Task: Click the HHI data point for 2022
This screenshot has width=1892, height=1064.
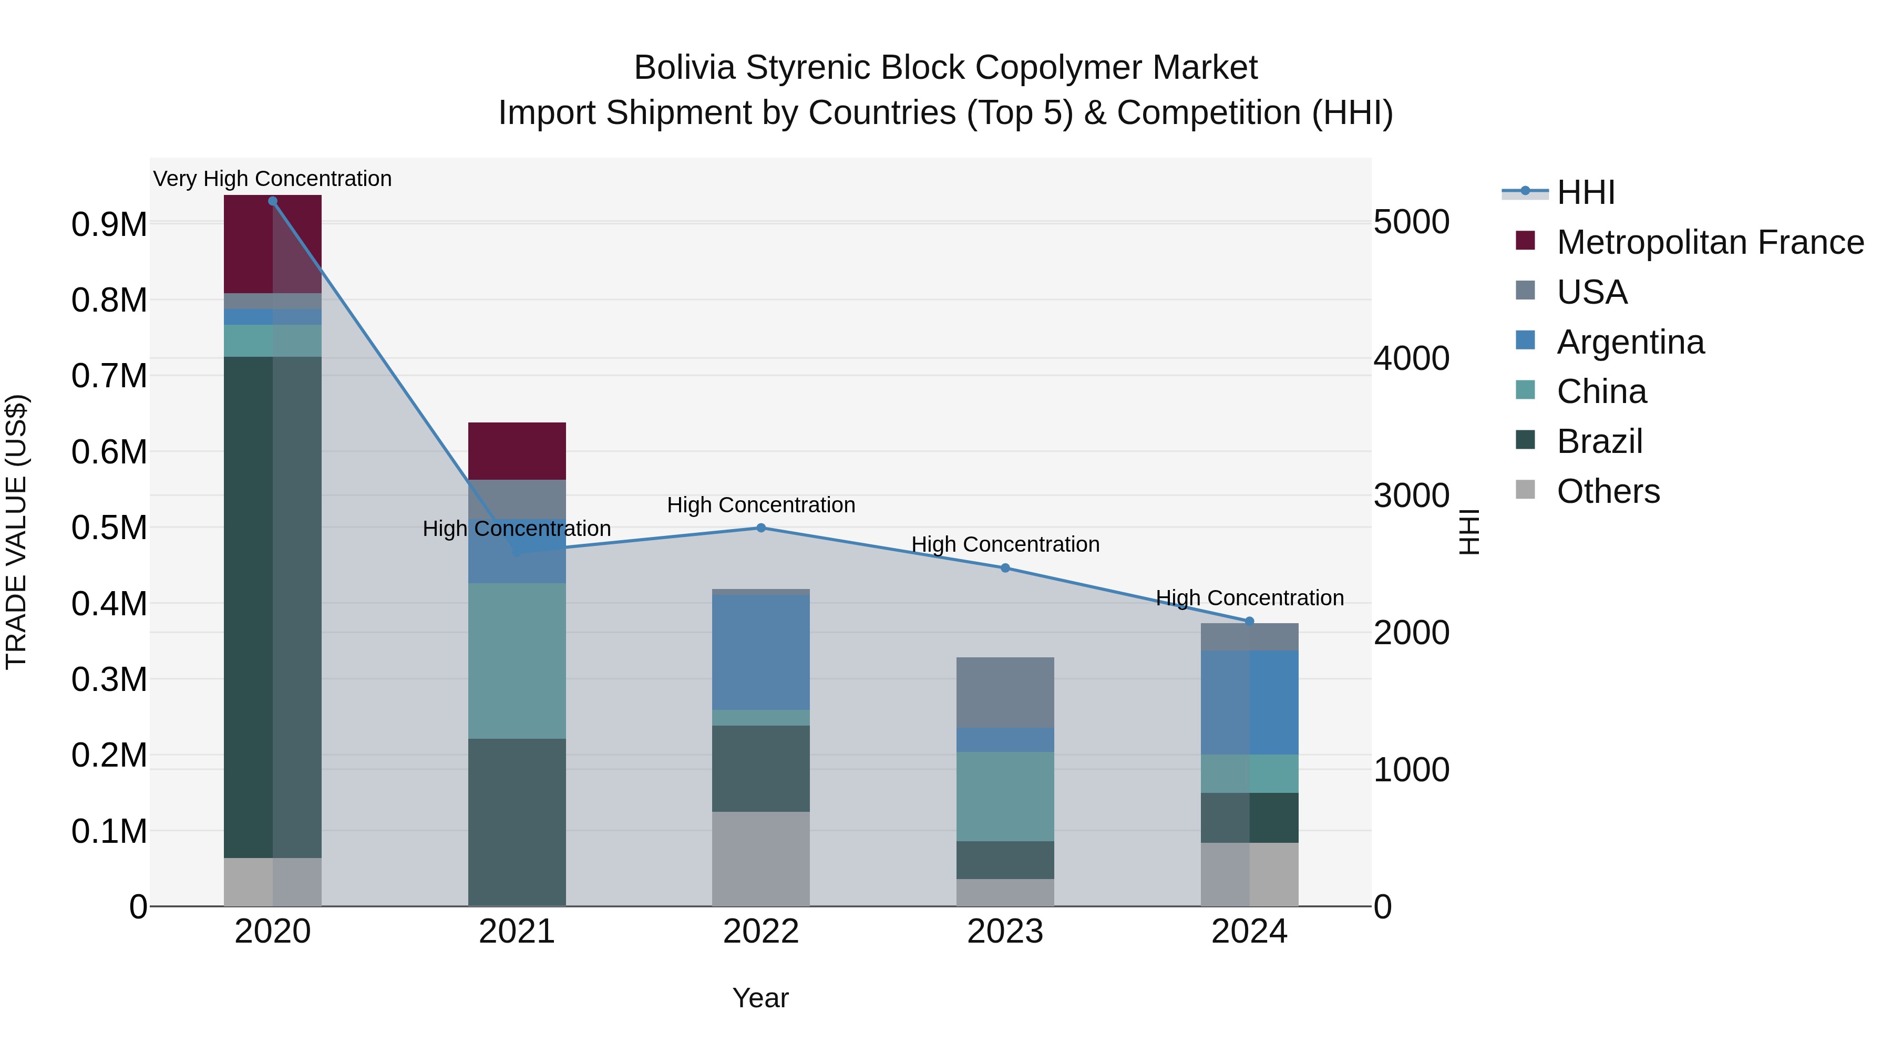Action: pos(761,528)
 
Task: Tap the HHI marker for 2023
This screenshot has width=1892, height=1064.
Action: pos(1005,567)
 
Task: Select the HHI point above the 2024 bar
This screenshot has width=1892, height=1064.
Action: pos(1249,621)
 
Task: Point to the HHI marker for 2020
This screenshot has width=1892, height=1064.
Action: pos(272,201)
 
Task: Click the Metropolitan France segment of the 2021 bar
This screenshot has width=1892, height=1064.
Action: pos(517,451)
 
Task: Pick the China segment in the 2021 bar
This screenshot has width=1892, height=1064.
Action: pos(517,661)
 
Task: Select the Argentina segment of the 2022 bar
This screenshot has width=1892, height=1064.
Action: pos(761,652)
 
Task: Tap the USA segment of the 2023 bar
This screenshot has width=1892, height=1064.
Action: pos(1005,693)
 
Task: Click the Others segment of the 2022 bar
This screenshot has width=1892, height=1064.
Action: pos(761,859)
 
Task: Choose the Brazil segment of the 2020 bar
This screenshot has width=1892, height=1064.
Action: pos(272,607)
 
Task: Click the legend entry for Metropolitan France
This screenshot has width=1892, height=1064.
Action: pos(1710,242)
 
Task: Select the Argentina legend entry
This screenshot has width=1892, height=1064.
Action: pos(1630,342)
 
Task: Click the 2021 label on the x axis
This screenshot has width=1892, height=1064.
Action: pos(517,932)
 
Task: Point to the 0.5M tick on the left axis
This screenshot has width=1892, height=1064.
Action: pos(109,528)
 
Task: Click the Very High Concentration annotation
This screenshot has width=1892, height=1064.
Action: pos(272,179)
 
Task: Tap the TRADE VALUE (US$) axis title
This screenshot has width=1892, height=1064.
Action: pos(16,532)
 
